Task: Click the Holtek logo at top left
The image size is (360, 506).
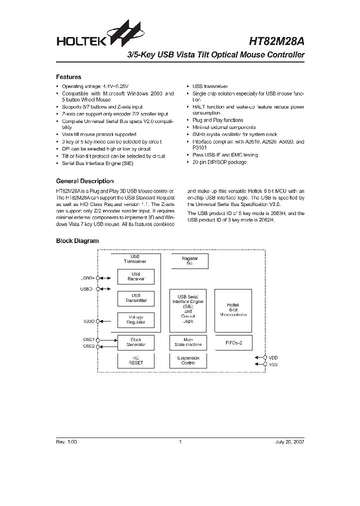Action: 95,36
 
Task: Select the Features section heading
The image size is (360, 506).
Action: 68,77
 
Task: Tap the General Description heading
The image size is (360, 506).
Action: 84,181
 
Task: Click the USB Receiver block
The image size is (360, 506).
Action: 135,276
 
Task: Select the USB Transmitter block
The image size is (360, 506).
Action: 135,298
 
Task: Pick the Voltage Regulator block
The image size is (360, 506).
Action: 135,319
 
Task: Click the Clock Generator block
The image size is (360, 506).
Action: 135,342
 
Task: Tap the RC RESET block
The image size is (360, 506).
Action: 135,360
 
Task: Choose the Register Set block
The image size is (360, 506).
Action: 189,261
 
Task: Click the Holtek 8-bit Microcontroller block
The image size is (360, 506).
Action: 233,310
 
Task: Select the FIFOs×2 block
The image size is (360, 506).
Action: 233,342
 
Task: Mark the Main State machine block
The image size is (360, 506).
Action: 188,342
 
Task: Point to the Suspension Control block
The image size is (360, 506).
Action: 188,360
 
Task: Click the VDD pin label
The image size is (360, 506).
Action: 273,357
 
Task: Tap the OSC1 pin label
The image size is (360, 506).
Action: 88,339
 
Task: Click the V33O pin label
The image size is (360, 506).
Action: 88,321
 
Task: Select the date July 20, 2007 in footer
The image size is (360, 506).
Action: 289,442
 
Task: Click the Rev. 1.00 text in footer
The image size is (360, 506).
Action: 66,442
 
